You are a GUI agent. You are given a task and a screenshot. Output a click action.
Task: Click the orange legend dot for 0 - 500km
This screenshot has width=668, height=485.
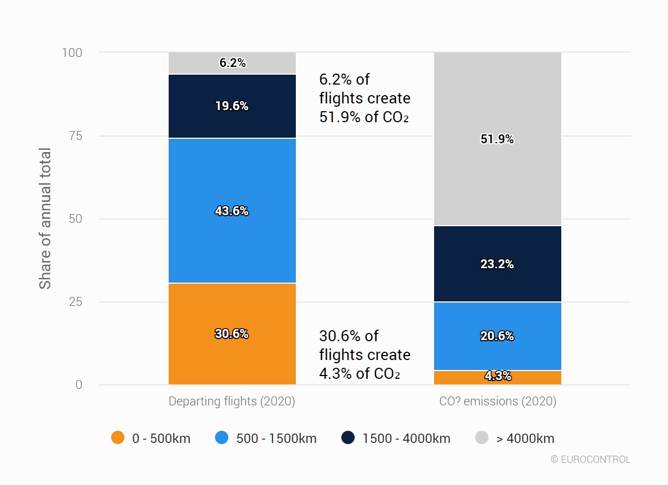click(x=118, y=438)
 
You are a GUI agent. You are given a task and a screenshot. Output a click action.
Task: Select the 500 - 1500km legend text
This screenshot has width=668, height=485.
click(x=276, y=439)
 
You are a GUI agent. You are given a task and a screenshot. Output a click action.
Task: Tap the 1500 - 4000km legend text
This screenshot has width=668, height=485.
click(x=406, y=439)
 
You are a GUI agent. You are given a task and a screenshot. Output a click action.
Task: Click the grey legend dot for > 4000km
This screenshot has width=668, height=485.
click(x=482, y=438)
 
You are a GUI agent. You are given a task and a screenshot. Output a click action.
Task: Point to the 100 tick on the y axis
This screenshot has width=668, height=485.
click(x=72, y=53)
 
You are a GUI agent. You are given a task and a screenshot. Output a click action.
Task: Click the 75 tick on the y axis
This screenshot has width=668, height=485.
click(x=75, y=136)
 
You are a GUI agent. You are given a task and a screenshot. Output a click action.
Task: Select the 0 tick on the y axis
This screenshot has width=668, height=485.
click(x=79, y=385)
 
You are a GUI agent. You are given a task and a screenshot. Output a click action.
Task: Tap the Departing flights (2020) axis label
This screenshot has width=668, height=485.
click(x=232, y=401)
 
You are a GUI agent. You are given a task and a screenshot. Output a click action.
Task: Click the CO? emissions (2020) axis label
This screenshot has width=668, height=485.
click(x=498, y=401)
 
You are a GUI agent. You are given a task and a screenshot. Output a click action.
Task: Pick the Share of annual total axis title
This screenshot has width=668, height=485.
click(x=45, y=218)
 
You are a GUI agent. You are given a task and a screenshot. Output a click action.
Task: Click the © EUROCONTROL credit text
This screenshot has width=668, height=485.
click(x=591, y=459)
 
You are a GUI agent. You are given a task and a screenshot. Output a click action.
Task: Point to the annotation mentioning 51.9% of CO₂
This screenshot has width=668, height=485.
click(x=365, y=98)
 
